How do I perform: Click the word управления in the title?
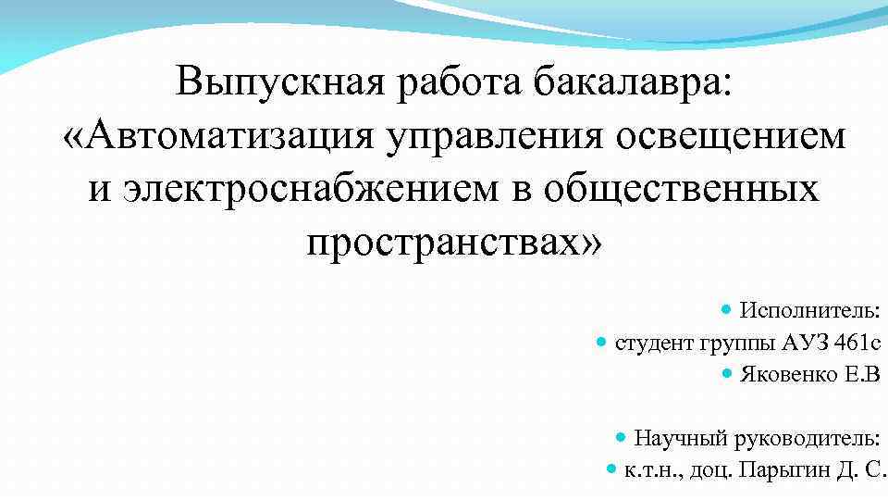point(487,135)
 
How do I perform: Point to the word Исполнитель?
point(810,308)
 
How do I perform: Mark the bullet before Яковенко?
point(726,375)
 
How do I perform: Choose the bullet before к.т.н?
point(610,469)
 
